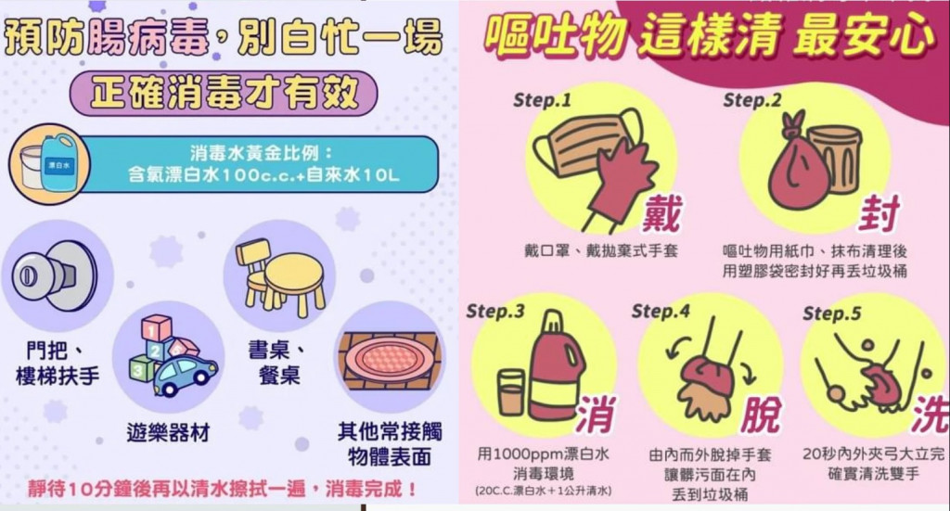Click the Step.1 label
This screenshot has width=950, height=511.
tap(541, 100)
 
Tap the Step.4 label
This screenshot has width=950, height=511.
tap(660, 312)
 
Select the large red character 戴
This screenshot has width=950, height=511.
tap(662, 212)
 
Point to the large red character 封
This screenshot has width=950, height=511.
tap(879, 212)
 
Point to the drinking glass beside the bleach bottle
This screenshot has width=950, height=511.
tap(511, 393)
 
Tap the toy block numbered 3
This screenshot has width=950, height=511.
tap(140, 367)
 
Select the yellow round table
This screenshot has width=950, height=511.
tap(295, 282)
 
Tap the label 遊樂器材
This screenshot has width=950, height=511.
tap(168, 432)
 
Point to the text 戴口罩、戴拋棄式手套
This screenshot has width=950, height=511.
tap(600, 250)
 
